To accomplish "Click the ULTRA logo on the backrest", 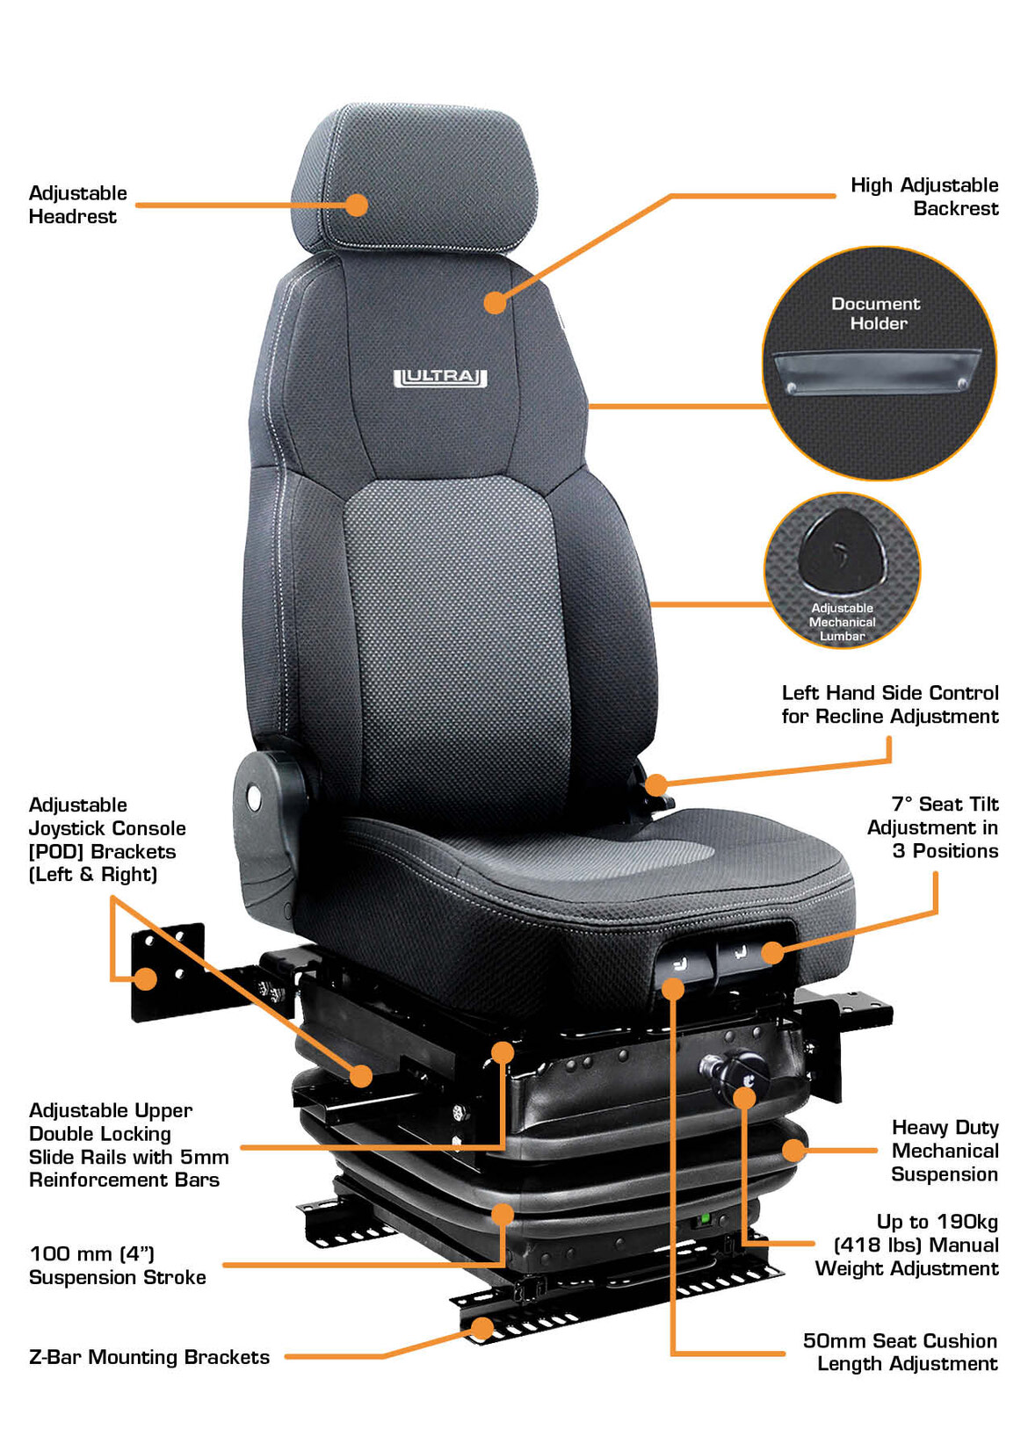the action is coord(440,378).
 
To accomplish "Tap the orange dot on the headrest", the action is coord(356,206).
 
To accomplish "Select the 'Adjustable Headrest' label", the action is coord(78,205).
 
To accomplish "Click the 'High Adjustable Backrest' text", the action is coord(924,197).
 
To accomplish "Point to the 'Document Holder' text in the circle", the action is coord(876,314).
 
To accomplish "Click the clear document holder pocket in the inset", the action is coord(876,372).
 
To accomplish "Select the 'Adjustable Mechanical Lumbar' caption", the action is coord(842,622).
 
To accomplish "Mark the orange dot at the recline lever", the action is coord(656,785).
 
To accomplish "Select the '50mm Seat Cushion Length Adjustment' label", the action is coord(901,1352).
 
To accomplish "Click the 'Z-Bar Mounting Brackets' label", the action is coord(149,1357).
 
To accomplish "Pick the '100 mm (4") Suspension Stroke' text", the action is coord(118,1265).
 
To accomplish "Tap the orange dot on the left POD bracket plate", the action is coord(147,978).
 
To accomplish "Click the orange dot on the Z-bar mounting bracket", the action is coord(481,1328).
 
